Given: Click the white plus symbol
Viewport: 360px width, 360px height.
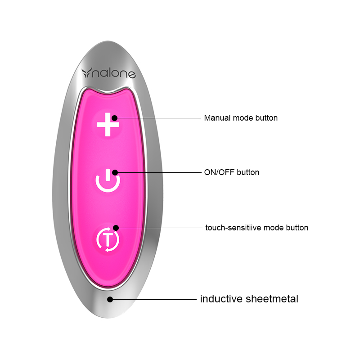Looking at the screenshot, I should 108,125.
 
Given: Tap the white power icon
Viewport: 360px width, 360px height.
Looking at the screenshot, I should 108,183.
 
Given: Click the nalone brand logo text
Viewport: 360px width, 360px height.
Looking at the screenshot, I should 115,73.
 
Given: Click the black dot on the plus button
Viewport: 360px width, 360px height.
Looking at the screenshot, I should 114,118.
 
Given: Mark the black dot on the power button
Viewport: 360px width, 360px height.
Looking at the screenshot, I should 115,172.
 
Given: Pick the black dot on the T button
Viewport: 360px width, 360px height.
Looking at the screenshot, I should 116,228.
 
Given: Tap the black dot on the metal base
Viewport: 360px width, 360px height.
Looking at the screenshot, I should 109,299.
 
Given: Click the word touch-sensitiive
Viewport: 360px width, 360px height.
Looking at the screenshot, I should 234,228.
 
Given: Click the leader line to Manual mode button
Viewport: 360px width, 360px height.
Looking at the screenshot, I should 157,118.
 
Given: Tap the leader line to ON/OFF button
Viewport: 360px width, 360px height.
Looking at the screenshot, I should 157,172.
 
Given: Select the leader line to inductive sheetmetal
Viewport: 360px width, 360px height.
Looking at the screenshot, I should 153,299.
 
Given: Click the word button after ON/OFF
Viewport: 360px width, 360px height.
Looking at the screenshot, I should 248,172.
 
